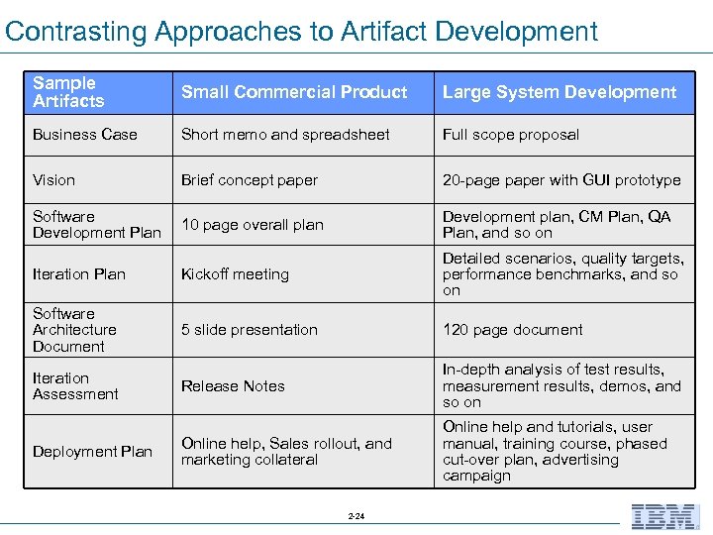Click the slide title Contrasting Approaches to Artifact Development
pyautogui.click(x=301, y=31)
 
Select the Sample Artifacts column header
pyautogui.click(x=68, y=92)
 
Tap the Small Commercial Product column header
pyautogui.click(x=294, y=92)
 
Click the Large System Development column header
pyautogui.click(x=560, y=92)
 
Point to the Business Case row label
pyautogui.click(x=85, y=135)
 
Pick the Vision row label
pyautogui.click(x=53, y=180)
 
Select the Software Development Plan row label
pyautogui.click(x=96, y=225)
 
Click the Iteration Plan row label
pyautogui.click(x=79, y=274)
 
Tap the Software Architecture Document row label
pyautogui.click(x=74, y=330)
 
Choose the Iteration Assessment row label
pyautogui.click(x=75, y=386)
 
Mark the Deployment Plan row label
pyautogui.click(x=92, y=452)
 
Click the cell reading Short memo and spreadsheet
pyautogui.click(x=285, y=135)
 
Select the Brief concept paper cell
pyautogui.click(x=250, y=180)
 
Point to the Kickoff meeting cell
pyautogui.click(x=235, y=274)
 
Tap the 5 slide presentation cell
pyautogui.click(x=250, y=330)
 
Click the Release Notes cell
pyautogui.click(x=233, y=386)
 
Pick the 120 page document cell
pyautogui.click(x=513, y=330)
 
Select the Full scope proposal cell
pyautogui.click(x=511, y=135)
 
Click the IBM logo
pyautogui.click(x=665, y=516)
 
